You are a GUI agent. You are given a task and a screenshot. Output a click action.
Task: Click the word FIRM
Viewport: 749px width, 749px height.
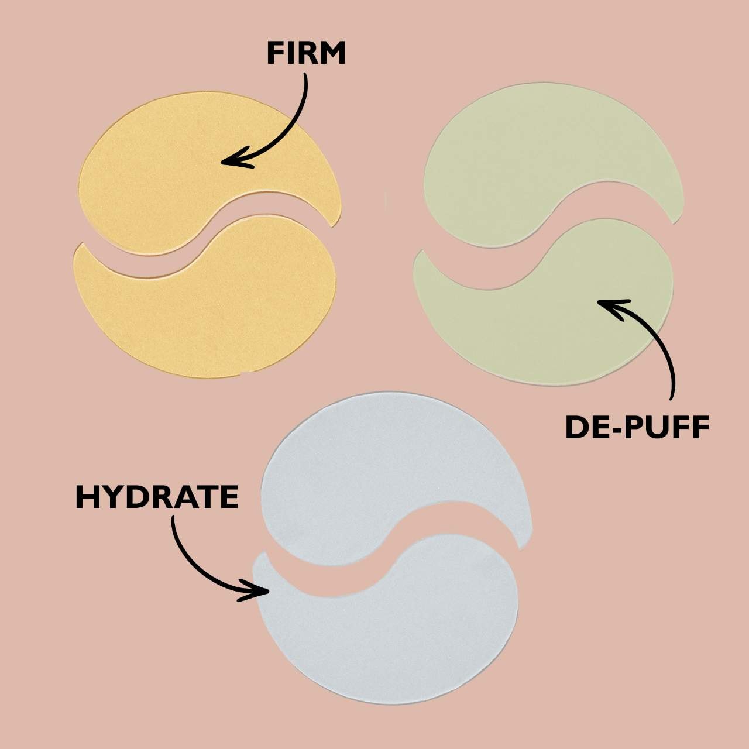(306, 53)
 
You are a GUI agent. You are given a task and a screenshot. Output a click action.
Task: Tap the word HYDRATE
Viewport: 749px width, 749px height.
(157, 497)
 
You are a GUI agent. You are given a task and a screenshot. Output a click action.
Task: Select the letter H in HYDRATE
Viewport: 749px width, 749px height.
(86, 497)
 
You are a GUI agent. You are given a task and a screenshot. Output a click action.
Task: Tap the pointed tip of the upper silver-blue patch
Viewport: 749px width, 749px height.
(521, 549)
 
